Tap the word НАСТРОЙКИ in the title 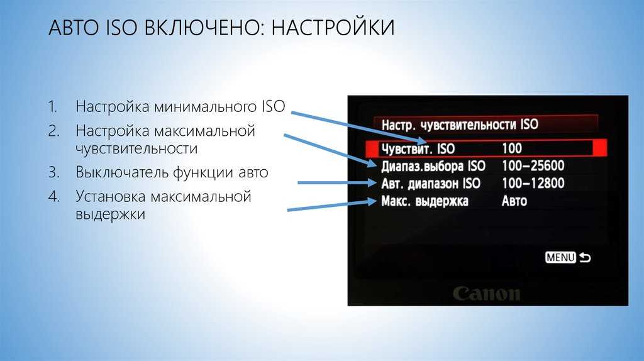tap(333, 28)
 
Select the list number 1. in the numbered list tap(53, 107)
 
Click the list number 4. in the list tap(54, 196)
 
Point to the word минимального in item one tap(206, 107)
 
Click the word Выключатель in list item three tap(121, 172)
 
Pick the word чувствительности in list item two tap(136, 148)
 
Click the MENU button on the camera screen tap(560, 257)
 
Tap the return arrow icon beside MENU tap(584, 257)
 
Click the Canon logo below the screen tap(487, 293)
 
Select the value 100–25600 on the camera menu tap(533, 166)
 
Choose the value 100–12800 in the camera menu tap(533, 184)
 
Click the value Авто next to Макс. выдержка tap(514, 201)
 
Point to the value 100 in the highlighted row tap(512, 148)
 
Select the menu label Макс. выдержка tap(425, 201)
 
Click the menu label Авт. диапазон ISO tap(431, 184)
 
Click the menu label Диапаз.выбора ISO tap(433, 166)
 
